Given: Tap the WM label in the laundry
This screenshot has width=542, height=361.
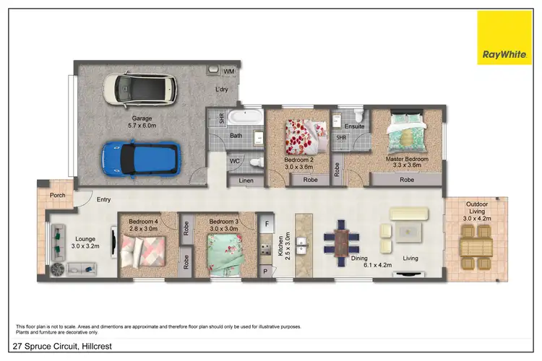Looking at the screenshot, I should pyautogui.click(x=228, y=72).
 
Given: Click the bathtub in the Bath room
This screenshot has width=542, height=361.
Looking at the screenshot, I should pyautogui.click(x=244, y=118).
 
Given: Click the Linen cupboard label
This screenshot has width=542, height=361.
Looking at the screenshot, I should pyautogui.click(x=245, y=180).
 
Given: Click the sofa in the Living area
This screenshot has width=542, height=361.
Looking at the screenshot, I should pyautogui.click(x=409, y=214).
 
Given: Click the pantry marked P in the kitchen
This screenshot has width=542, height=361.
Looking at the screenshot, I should pyautogui.click(x=265, y=271).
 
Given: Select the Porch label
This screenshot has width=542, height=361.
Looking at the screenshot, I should pyautogui.click(x=58, y=195).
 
